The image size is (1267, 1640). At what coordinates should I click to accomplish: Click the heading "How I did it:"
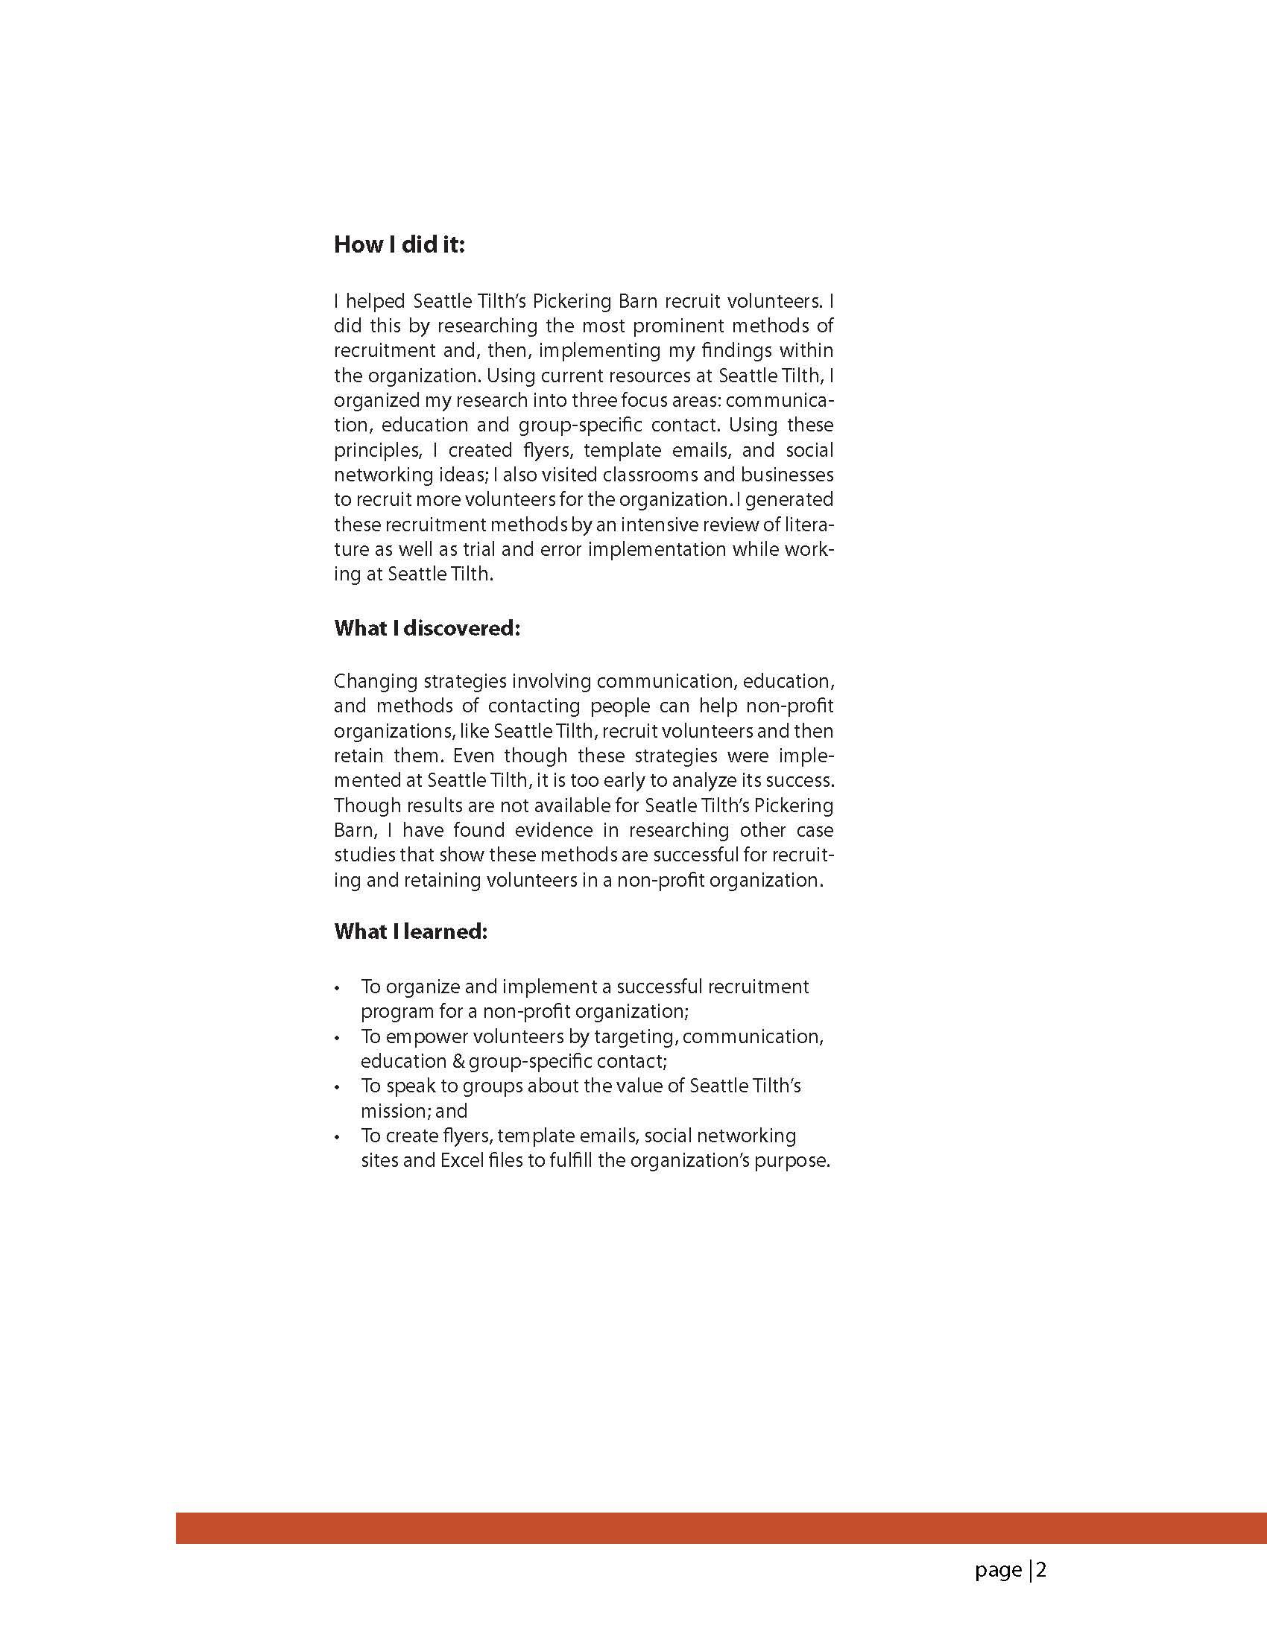(399, 246)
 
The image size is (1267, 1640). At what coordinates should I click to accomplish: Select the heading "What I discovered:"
(426, 628)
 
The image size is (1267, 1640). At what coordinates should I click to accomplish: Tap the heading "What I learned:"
(411, 932)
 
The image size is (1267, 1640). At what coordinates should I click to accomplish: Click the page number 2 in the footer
(1042, 1570)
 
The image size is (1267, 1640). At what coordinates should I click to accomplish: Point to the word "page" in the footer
(998, 1571)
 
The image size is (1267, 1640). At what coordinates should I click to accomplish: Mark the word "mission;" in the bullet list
(395, 1112)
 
